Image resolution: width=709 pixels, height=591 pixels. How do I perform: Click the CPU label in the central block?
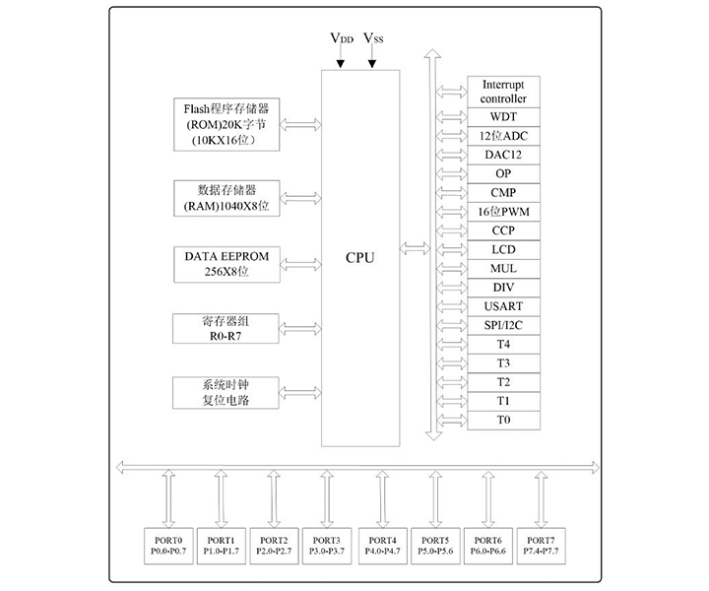point(360,258)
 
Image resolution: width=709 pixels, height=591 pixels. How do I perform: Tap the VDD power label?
point(342,38)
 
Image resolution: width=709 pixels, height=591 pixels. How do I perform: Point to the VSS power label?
point(374,38)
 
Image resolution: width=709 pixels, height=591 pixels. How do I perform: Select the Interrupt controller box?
point(503,93)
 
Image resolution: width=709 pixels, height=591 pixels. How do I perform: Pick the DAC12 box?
point(503,155)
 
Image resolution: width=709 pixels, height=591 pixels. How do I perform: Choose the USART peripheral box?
point(503,306)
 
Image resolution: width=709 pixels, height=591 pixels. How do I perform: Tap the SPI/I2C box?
point(503,325)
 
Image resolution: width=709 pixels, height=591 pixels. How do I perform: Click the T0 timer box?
point(503,421)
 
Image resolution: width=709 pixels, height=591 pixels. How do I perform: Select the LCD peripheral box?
point(503,249)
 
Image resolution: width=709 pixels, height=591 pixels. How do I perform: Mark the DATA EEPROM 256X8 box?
point(226,262)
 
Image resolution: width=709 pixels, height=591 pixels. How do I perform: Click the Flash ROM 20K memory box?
point(226,123)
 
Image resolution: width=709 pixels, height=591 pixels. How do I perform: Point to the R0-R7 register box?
point(226,328)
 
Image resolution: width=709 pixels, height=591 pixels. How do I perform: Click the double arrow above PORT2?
point(274,499)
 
